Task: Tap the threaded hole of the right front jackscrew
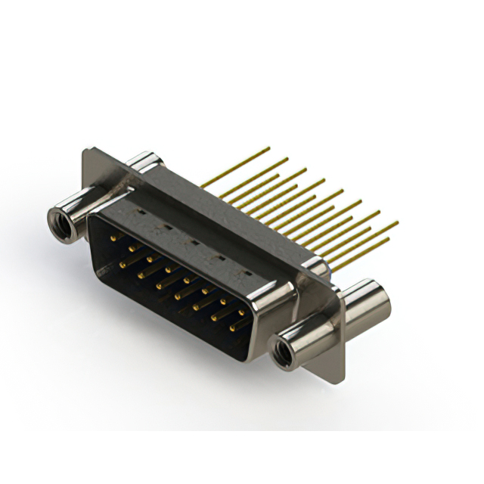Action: pos(284,352)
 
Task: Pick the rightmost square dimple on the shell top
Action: pos(244,271)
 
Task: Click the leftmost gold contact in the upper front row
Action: pos(113,239)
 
